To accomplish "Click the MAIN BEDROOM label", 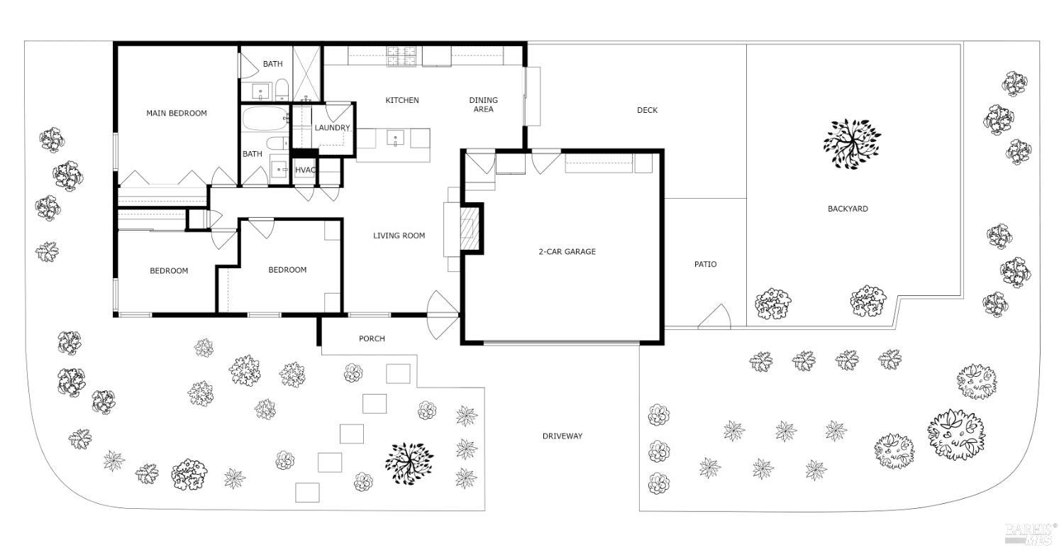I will pos(177,113).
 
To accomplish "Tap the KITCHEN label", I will pos(402,100).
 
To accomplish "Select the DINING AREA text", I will pos(483,104).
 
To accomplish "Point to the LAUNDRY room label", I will pos(332,128).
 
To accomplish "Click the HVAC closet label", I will pos(305,170).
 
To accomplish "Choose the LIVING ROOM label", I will pos(399,236).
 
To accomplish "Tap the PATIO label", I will pos(705,264).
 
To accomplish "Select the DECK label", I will pos(647,110).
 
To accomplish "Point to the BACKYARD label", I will pos(848,209).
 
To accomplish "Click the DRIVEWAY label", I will pos(563,436).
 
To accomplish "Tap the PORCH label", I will pos(372,339).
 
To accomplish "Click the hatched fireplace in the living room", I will pos(469,229).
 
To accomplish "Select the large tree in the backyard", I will pos(852,143).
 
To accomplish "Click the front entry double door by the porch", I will pos(443,316).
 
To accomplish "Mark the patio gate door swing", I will pos(715,318).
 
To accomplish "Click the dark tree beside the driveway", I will pos(409,461).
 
